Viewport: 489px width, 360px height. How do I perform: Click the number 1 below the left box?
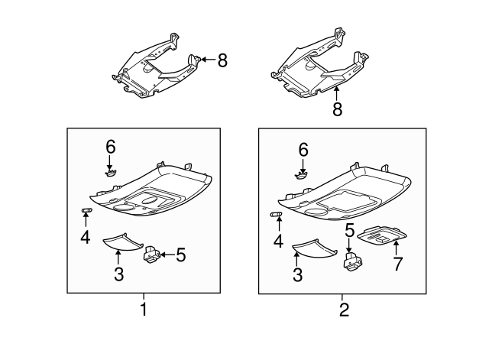pos(142,310)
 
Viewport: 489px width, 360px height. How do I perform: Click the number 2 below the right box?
pos(344,310)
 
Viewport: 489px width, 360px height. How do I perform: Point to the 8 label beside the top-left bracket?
pos(222,60)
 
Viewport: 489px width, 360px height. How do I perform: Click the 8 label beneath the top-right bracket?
pos(336,109)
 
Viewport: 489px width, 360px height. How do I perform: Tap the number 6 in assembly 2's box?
pos(303,150)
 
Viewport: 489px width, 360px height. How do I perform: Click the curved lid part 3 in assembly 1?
pos(121,242)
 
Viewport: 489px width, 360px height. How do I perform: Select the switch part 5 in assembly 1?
pos(154,253)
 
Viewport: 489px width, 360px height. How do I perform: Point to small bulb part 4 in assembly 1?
pos(86,210)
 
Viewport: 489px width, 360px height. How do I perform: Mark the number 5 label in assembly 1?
pos(180,255)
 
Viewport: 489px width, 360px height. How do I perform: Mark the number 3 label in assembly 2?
pos(296,275)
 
